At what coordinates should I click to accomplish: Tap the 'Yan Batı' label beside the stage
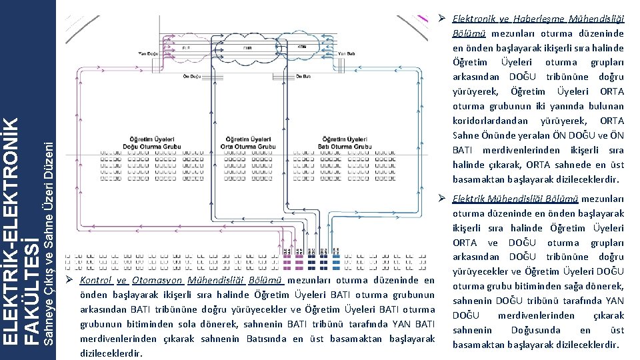tap(347, 53)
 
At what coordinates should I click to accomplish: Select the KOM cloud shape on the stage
tap(301, 48)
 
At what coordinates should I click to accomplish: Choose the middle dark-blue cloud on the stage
tap(247, 48)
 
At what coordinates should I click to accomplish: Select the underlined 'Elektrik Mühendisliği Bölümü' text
tap(515, 199)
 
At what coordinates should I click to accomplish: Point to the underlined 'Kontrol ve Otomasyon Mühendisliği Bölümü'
tap(182, 281)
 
